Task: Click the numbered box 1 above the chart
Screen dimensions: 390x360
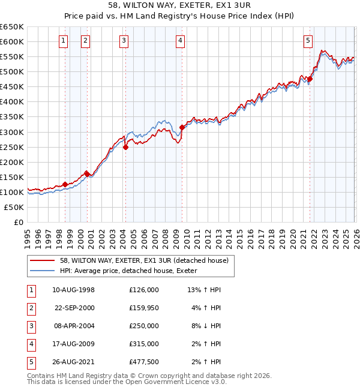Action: point(64,41)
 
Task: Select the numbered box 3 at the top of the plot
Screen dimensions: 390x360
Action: point(124,41)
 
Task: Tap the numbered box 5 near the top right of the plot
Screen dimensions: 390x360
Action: point(308,41)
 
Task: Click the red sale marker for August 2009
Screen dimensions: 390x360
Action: point(182,127)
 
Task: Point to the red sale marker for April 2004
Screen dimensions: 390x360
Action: point(125,147)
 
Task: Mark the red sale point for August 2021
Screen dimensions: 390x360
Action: point(310,79)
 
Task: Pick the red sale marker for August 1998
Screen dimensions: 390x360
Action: point(65,184)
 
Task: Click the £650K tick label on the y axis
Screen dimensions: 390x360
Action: point(12,27)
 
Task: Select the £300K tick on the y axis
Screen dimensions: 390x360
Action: point(12,132)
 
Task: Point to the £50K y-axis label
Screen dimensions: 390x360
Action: point(14,207)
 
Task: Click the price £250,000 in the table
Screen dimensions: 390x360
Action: point(144,326)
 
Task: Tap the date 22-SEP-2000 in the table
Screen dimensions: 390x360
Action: point(74,308)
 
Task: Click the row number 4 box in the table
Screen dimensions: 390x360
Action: point(30,344)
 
